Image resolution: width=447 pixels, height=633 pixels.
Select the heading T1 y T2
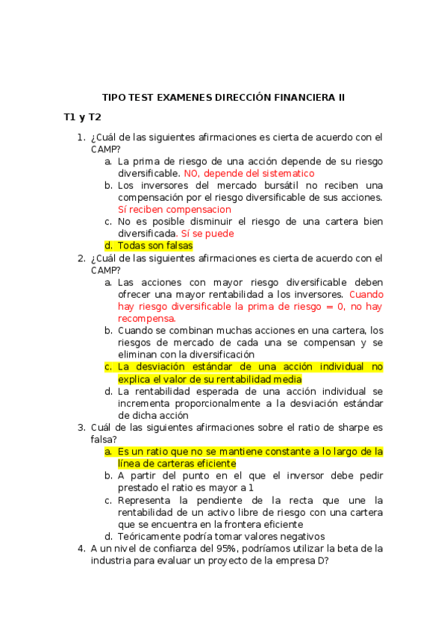(82, 117)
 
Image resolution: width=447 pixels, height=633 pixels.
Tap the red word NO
(192, 173)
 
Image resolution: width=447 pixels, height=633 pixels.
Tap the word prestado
(138, 488)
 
